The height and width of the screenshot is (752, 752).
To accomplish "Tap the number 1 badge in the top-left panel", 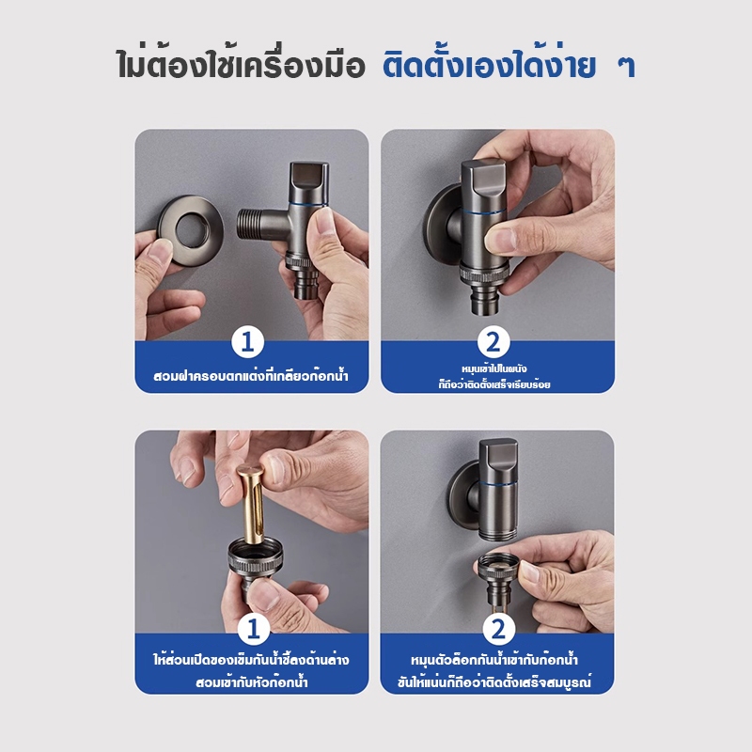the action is (247, 342).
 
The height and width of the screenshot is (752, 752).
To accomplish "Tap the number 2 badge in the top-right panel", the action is (493, 342).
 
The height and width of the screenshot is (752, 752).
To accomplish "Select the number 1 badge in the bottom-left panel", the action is (254, 629).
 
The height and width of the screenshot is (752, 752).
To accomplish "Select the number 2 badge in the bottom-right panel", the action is (499, 629).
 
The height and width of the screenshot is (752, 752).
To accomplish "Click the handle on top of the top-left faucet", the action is (309, 181).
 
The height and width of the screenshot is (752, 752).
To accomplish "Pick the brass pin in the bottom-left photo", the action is (252, 505).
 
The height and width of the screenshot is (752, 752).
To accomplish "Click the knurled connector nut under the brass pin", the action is (254, 556).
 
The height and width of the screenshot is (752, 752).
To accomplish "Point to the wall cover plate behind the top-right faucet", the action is (441, 219).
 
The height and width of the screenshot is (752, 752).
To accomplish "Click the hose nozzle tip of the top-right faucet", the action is (485, 301).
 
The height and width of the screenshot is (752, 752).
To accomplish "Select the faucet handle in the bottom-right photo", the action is (498, 460).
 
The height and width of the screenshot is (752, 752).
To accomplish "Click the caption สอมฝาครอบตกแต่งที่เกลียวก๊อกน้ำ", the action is (251, 375).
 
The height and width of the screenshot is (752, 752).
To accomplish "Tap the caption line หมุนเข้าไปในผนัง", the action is (494, 368).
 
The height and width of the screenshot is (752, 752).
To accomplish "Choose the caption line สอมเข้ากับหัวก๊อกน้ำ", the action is (252, 682).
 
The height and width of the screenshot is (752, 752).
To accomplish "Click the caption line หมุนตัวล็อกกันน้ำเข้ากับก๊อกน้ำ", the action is (494, 660).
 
